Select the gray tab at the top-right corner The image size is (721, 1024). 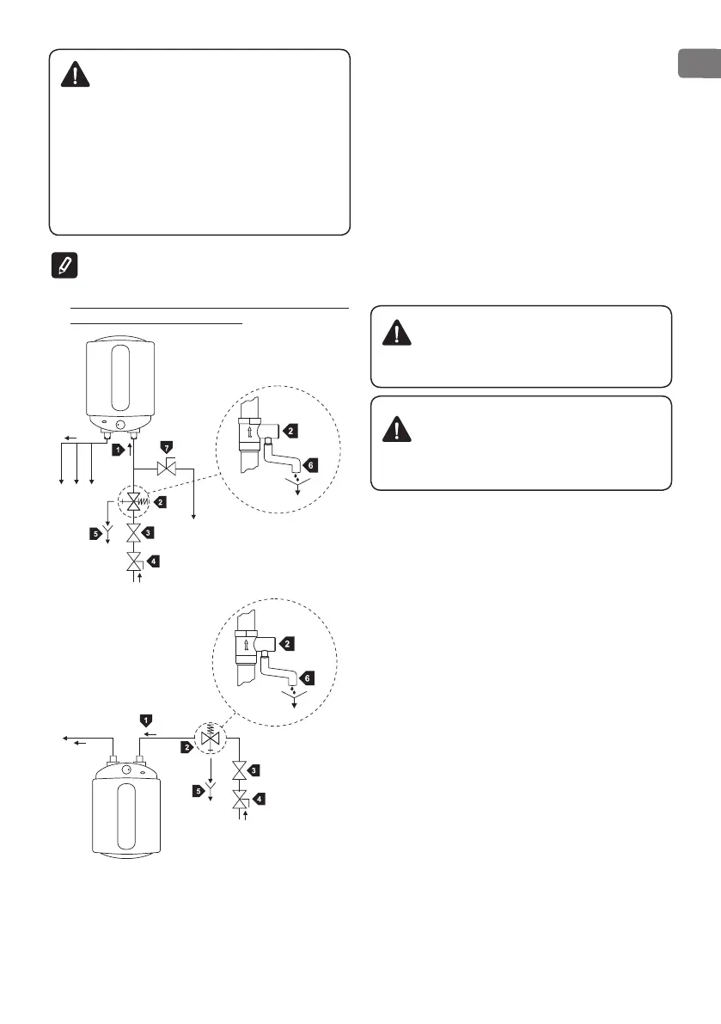click(699, 64)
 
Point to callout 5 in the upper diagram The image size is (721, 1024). click(96, 534)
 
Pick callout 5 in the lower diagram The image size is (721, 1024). click(198, 789)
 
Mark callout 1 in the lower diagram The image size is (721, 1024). click(147, 718)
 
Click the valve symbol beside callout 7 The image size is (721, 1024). click(167, 469)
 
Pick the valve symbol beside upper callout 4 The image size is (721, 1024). click(133, 562)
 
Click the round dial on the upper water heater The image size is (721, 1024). click(119, 424)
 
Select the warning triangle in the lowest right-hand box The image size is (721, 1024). click(396, 427)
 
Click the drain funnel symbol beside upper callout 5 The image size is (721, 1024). click(108, 530)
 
